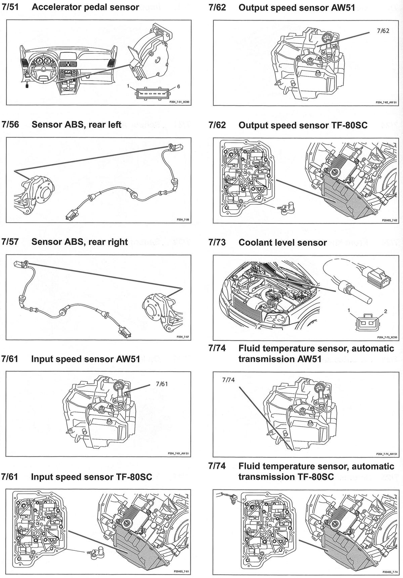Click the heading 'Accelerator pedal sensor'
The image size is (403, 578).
(85, 7)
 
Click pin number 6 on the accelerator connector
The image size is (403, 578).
(178, 87)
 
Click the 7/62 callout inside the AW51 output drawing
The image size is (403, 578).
(383, 31)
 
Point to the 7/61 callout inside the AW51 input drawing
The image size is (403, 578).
(162, 384)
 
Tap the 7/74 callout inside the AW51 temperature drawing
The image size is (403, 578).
(228, 380)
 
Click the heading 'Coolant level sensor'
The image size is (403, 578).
(282, 242)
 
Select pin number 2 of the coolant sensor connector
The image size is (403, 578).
(386, 311)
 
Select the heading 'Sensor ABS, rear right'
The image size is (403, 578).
(79, 242)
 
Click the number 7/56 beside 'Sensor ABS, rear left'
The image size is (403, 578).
(10, 125)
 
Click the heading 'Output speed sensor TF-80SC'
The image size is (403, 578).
(303, 125)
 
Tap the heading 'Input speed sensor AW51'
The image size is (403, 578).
(85, 359)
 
